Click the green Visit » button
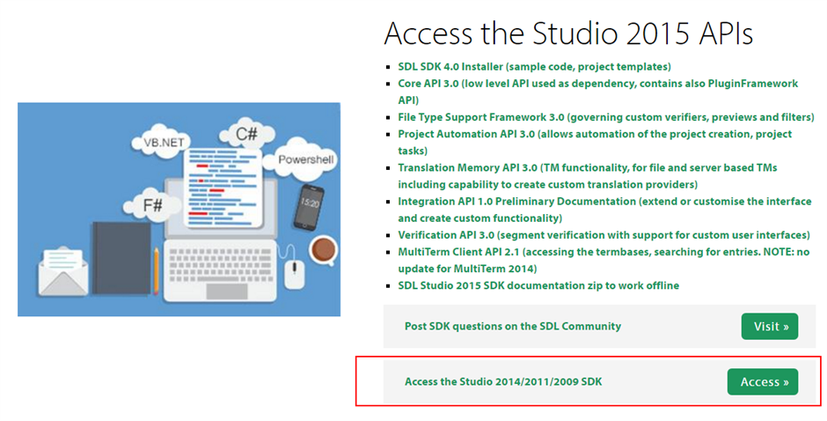770,327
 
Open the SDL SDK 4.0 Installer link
534,67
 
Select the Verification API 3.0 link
604,235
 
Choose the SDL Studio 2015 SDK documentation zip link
538,285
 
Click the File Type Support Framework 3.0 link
606,117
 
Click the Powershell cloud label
306,159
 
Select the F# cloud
150,204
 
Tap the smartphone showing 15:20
309,207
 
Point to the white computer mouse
295,274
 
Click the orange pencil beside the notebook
156,270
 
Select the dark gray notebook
121,258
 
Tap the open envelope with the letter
63,272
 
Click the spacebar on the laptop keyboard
227,291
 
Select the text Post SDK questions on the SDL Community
513,327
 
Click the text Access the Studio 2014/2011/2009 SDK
503,382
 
